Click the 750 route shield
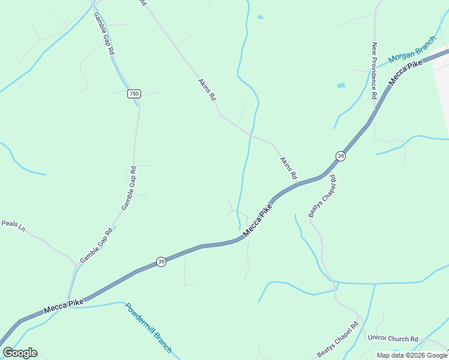pyautogui.click(x=134, y=94)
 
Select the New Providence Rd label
pyautogui.click(x=374, y=70)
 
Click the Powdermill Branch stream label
pyautogui.click(x=148, y=328)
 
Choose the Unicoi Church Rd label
pyautogui.click(x=393, y=339)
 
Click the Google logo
pyautogui.click(x=20, y=353)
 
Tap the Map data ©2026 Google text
pyautogui.click(x=412, y=355)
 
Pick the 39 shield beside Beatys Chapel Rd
pyautogui.click(x=340, y=156)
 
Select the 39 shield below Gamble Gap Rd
pyautogui.click(x=161, y=262)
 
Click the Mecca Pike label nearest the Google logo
pyautogui.click(x=64, y=306)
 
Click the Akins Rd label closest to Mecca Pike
pyautogui.click(x=288, y=169)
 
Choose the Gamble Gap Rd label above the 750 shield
pyautogui.click(x=104, y=35)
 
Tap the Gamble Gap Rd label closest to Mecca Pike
pyautogui.click(x=96, y=245)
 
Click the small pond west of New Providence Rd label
pyautogui.click(x=341, y=86)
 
